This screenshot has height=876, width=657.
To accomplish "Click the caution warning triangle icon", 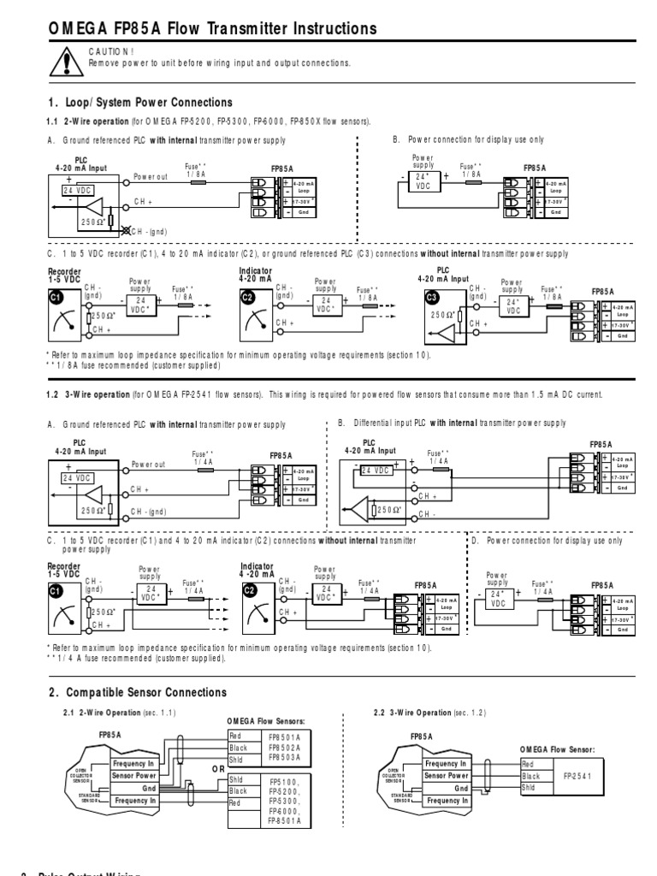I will [65, 61].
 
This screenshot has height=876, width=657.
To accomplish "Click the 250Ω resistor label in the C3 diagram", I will [444, 313].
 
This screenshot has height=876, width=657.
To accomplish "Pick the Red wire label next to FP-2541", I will [528, 765].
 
